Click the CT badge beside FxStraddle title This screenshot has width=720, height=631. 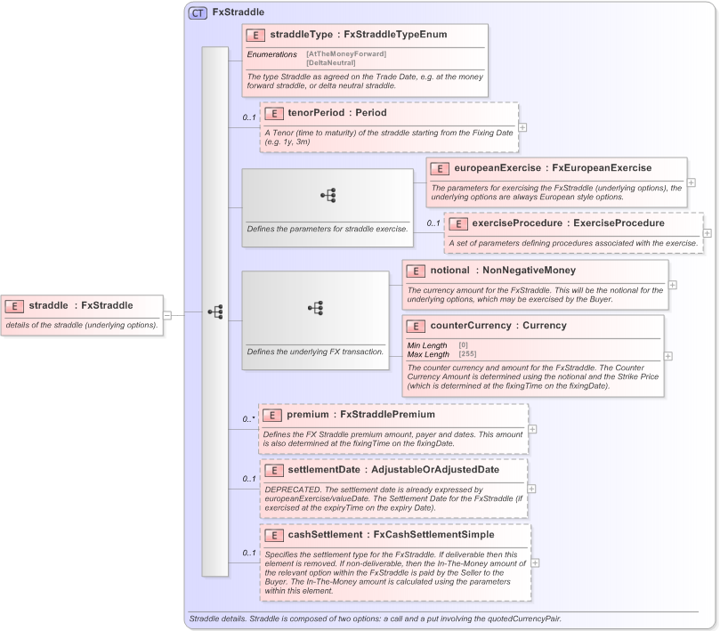(198, 13)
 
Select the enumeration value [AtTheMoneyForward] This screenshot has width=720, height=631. (346, 54)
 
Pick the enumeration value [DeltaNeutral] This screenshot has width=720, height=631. (331, 63)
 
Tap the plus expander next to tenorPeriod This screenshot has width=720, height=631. (522, 127)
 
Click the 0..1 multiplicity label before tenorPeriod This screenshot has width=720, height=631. (249, 117)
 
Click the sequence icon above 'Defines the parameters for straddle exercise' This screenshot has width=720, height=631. (327, 195)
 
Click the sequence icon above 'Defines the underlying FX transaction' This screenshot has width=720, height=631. (315, 307)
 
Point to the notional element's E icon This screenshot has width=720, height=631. (416, 271)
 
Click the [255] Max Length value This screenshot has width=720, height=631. (468, 354)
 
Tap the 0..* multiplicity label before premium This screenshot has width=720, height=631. (249, 419)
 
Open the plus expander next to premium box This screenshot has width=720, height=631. (532, 429)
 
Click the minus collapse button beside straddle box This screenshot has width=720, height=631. (167, 314)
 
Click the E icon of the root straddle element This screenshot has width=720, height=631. (15, 306)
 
